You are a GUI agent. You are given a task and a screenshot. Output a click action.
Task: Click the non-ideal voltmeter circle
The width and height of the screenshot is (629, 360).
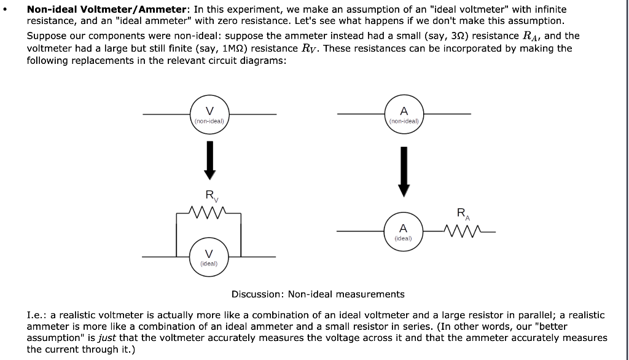(x=209, y=114)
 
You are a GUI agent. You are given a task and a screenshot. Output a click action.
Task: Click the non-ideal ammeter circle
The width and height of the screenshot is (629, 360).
(x=404, y=114)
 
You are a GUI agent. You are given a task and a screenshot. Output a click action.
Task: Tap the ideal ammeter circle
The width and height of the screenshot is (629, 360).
(x=404, y=231)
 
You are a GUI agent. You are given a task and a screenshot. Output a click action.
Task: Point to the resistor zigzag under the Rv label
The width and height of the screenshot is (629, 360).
(x=209, y=213)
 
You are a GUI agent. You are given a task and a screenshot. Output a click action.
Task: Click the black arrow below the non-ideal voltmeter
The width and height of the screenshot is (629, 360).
(x=209, y=158)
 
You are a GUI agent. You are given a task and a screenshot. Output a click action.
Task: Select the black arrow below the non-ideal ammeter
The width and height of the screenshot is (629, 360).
(x=404, y=170)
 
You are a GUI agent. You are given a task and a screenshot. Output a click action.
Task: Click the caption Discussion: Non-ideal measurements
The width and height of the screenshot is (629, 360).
(x=318, y=294)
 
